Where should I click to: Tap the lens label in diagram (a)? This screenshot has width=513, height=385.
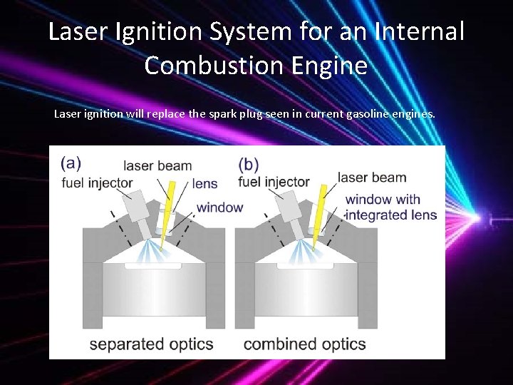click(204, 184)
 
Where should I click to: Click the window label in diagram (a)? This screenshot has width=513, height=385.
click(219, 207)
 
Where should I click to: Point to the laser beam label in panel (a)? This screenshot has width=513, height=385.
click(157, 166)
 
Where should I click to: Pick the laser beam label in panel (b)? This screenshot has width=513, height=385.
click(371, 178)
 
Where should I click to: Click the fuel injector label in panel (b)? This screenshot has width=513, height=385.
click(274, 183)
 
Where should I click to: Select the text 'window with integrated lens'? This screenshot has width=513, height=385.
click(390, 207)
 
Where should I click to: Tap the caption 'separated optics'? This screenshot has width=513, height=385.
click(151, 344)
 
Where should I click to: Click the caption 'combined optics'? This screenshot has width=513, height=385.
click(305, 344)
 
